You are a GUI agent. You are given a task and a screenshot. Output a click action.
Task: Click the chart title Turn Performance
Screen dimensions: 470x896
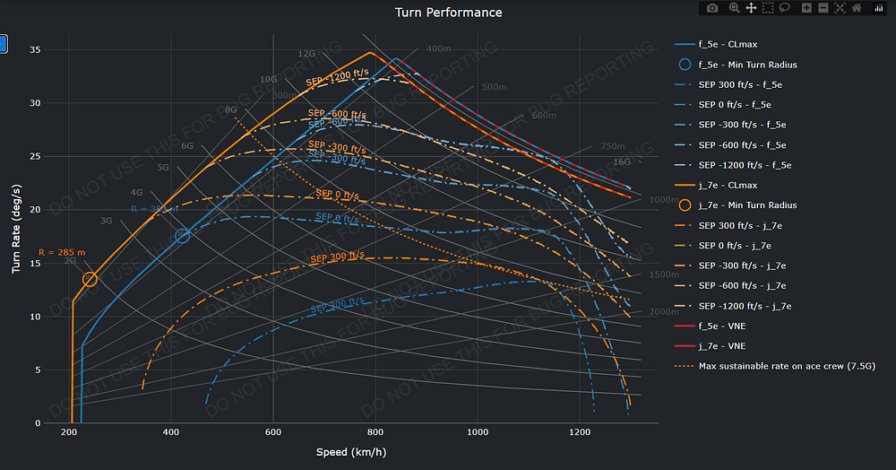click(448, 13)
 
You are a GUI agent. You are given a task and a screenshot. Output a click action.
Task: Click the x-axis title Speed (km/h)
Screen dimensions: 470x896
click(350, 451)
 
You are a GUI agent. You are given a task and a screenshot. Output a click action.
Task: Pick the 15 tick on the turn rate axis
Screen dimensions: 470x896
click(35, 263)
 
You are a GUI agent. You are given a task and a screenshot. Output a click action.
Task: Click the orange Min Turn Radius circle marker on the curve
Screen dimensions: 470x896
click(90, 279)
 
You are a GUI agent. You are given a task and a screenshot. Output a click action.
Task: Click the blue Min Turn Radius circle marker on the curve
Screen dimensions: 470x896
click(183, 236)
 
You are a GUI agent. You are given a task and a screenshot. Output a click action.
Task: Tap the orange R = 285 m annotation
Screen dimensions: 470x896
click(62, 252)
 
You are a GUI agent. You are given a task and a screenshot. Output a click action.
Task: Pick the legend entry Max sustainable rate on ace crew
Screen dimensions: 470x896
click(775, 366)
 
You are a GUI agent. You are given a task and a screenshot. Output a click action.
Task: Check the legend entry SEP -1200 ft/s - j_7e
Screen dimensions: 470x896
click(744, 306)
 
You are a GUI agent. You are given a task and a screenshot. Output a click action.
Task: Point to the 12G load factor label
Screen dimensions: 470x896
click(306, 54)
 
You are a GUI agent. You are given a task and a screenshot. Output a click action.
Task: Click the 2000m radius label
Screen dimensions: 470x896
click(664, 311)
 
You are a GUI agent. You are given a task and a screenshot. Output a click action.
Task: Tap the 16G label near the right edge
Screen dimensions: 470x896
click(622, 161)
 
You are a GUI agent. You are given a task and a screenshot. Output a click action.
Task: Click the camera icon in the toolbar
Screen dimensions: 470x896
click(712, 8)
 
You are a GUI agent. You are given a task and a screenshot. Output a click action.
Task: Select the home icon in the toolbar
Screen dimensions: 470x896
click(857, 8)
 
